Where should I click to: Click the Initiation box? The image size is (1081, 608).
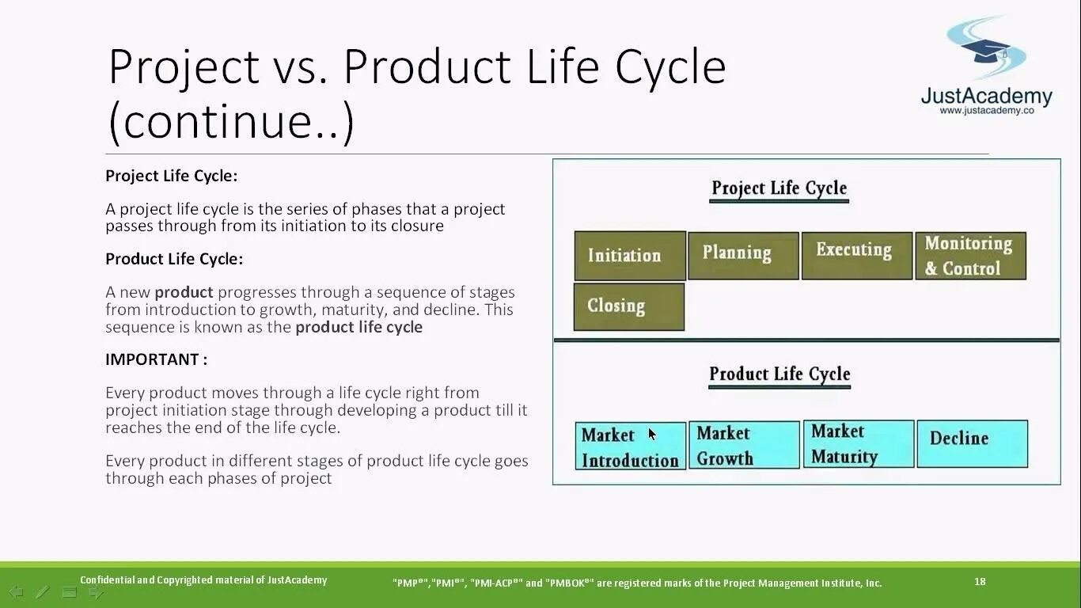[629, 256]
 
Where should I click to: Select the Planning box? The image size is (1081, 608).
[743, 255]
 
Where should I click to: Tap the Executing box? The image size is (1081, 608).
[856, 255]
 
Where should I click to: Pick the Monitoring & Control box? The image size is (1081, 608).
[970, 255]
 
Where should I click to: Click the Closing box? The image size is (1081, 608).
[628, 306]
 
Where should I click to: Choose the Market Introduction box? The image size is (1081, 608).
[630, 446]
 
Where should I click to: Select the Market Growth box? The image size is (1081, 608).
[744, 445]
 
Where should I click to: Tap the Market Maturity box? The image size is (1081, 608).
[858, 444]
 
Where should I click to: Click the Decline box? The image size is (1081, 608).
[972, 443]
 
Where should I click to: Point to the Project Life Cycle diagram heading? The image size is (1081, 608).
[779, 188]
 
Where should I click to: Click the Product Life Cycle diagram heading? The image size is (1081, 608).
[779, 374]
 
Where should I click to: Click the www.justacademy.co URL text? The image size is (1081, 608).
[987, 111]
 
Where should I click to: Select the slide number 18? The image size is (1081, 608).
[980, 582]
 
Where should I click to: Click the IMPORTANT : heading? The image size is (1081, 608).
[157, 359]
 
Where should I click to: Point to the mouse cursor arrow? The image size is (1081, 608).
[651, 434]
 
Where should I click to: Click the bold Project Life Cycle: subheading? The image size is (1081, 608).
[171, 176]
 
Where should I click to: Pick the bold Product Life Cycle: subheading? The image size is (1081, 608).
[174, 259]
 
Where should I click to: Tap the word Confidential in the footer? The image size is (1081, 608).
[107, 580]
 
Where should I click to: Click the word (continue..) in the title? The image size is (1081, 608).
[230, 123]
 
